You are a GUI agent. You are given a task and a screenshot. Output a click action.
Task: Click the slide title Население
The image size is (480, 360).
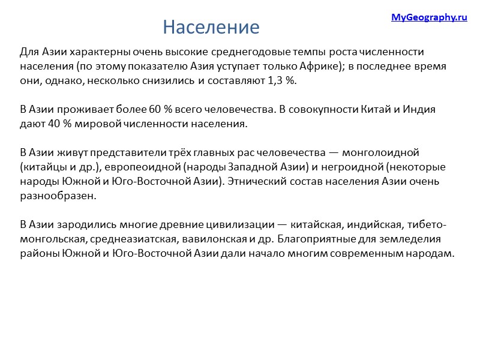click(x=211, y=27)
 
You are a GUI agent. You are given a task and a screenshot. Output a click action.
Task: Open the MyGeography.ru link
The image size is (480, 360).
click(x=429, y=17)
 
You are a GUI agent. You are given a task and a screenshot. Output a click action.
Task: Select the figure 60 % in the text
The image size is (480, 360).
click(x=161, y=110)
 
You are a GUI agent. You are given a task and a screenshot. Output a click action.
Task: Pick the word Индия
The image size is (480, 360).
click(x=415, y=110)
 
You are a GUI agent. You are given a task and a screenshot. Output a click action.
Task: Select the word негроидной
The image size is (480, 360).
click(x=341, y=167)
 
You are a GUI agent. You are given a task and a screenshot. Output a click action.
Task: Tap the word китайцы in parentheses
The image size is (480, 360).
click(x=43, y=167)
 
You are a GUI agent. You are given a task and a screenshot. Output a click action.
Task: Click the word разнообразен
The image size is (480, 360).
click(x=57, y=196)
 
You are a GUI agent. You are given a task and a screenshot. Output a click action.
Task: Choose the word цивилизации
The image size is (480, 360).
click(x=233, y=225)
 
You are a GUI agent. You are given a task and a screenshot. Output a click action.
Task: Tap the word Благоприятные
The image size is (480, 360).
click(x=313, y=239)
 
